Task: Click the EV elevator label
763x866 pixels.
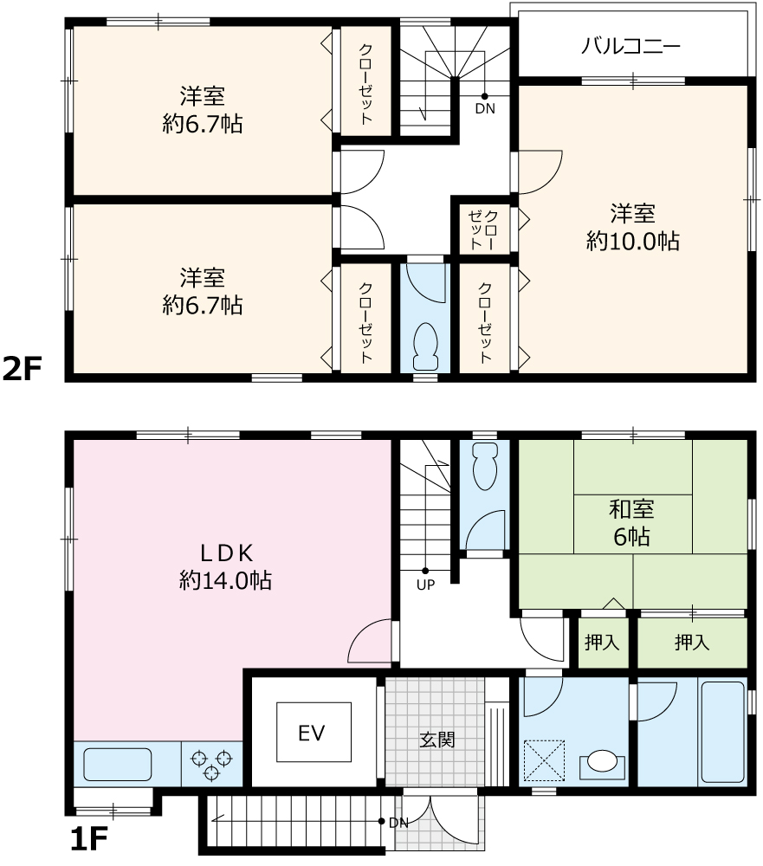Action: point(311,733)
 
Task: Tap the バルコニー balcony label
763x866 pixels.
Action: point(630,46)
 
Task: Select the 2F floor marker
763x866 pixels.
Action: point(23,368)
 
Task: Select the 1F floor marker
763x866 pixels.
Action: point(88,839)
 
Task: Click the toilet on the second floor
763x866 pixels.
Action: point(425,346)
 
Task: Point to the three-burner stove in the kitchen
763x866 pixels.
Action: point(211,765)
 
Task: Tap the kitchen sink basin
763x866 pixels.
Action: point(117,765)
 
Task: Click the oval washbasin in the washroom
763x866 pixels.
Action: point(602,762)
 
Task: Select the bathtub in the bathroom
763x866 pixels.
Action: point(722,733)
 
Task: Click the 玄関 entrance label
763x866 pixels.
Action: point(437,739)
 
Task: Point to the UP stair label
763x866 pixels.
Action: point(425,585)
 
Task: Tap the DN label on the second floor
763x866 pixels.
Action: point(485,109)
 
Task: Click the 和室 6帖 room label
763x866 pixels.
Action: point(632,523)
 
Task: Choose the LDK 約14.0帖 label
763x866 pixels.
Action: point(225,566)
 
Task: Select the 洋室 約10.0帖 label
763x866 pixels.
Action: point(632,227)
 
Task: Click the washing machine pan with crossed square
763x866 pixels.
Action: point(544,760)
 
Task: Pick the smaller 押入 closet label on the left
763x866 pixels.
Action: point(602,643)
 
